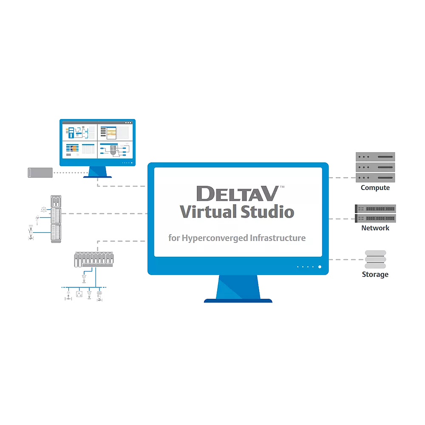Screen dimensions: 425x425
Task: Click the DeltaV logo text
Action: click(x=237, y=193)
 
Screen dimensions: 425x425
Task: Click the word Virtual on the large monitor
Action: click(x=207, y=211)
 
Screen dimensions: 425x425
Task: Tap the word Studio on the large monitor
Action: click(x=267, y=211)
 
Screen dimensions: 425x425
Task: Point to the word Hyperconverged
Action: click(x=215, y=238)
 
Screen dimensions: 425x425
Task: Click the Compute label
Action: click(x=375, y=188)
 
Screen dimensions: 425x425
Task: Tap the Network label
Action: click(x=375, y=228)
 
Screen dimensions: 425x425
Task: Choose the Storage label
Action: click(x=375, y=275)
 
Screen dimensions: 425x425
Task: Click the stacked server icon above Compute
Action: click(x=375, y=167)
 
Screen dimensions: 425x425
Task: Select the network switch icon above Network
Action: click(x=375, y=213)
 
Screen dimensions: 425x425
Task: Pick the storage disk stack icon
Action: click(x=375, y=259)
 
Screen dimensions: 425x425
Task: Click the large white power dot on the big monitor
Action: click(x=320, y=267)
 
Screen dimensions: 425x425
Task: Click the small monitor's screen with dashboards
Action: click(x=97, y=141)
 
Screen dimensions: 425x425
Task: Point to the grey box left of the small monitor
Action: click(x=40, y=173)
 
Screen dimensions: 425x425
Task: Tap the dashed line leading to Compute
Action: click(x=342, y=178)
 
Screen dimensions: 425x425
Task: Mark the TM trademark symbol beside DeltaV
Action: click(x=282, y=187)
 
